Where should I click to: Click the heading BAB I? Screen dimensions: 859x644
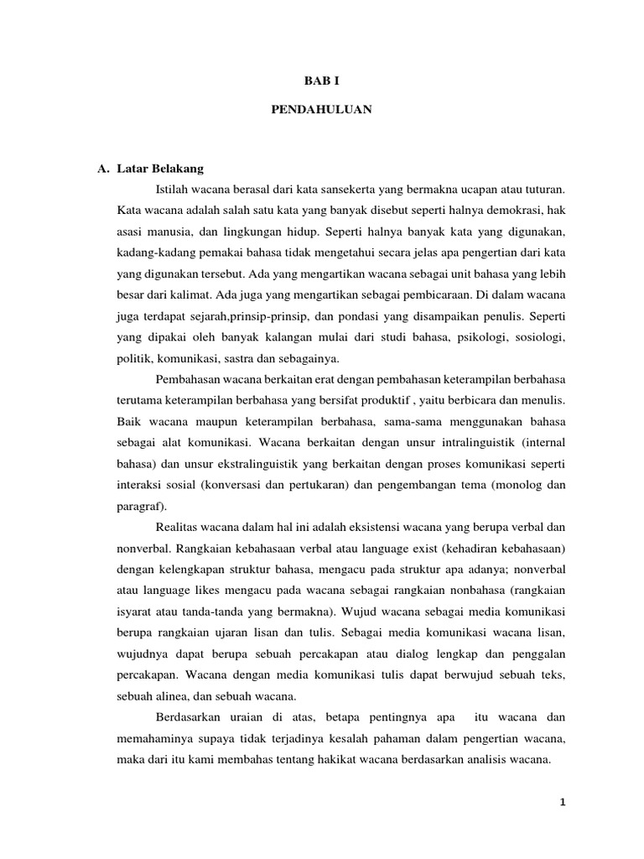321,81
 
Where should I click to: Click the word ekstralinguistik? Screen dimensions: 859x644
232,463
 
